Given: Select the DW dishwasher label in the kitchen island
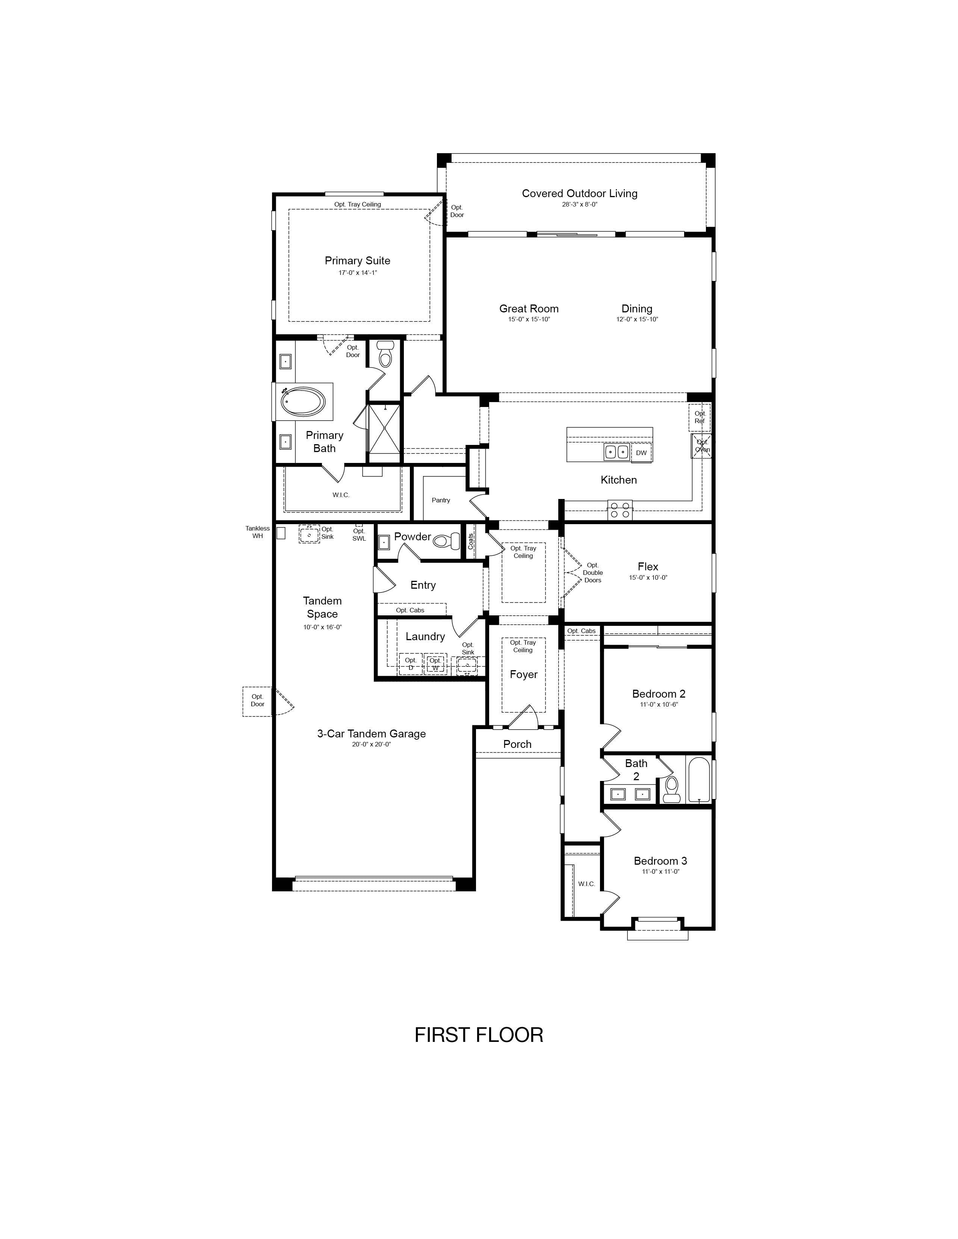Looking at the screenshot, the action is [641, 453].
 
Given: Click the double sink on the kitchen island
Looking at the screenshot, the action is [617, 452].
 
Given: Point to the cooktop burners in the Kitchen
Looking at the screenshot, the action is [620, 509].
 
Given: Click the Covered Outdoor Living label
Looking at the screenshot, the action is [579, 193].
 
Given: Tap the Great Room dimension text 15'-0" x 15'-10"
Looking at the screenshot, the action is [529, 320].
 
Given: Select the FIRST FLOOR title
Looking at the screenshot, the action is [479, 1035].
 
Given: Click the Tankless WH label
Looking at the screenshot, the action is [258, 532].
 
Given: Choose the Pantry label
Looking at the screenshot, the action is [441, 500].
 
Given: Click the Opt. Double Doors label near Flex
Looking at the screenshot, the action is [592, 573].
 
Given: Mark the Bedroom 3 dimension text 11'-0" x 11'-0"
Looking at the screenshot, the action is [660, 871].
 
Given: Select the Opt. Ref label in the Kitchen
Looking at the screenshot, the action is [700, 417].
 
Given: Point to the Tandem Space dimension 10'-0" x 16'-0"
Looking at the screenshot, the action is [322, 627].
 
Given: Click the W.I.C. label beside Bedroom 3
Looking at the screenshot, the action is [586, 883].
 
